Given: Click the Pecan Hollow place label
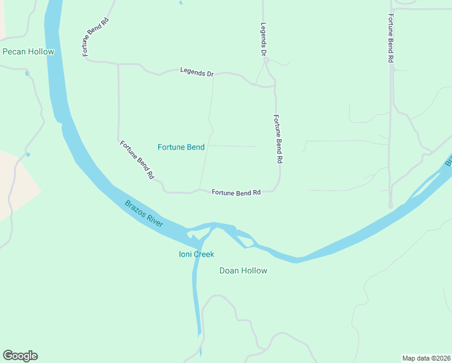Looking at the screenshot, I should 28,51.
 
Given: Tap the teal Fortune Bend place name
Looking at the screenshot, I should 181,147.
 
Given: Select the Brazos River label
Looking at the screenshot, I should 144,214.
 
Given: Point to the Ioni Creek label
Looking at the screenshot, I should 196,254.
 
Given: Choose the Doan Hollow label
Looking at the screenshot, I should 243,270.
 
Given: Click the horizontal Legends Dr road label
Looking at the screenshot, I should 197,73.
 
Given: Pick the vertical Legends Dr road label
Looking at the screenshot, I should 263,40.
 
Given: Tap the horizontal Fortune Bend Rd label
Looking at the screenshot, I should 236,192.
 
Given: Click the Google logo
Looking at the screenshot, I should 20,356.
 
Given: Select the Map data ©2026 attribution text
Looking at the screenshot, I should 426,358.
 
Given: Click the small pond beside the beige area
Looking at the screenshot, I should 28,155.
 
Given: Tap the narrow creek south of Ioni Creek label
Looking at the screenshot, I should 196,302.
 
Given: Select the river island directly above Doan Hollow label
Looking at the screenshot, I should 245,240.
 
